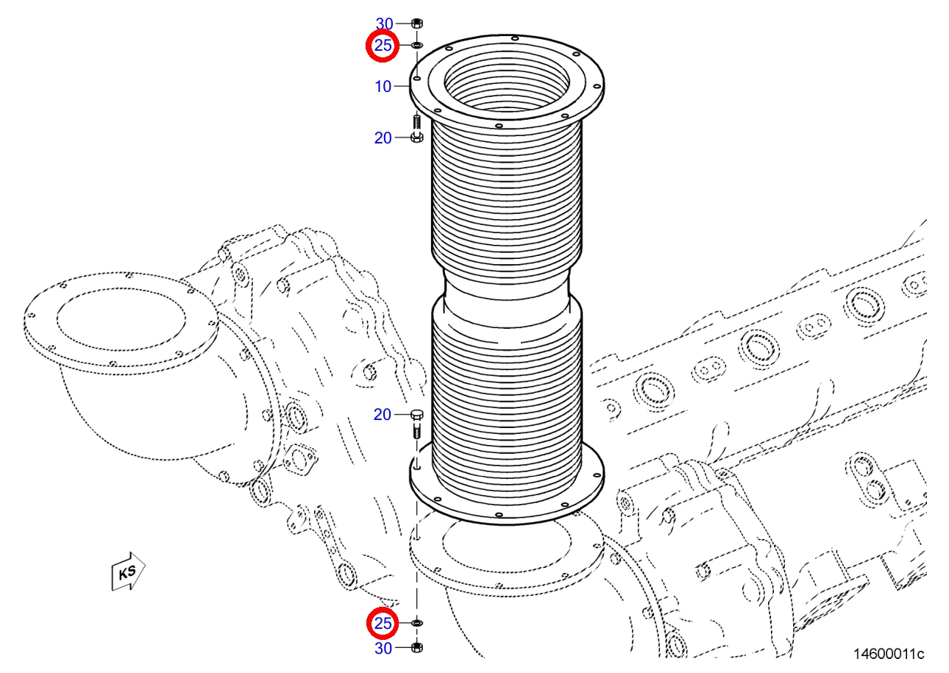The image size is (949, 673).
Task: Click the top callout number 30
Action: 384,24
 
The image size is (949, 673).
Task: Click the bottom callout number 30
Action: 383,648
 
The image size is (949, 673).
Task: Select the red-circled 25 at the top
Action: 383,46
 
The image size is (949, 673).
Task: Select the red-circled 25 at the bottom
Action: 383,623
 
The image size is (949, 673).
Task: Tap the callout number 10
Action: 383,86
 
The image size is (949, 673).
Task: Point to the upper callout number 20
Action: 383,138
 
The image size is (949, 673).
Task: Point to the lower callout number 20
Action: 382,414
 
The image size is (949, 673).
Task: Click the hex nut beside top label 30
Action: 417,24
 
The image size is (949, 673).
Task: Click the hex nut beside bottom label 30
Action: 417,647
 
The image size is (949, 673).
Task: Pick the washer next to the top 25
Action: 417,45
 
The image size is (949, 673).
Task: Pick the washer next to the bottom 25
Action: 417,622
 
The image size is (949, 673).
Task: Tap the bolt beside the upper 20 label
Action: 417,129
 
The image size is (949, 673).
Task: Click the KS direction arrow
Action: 128,571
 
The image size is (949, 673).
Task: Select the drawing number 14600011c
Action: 889,655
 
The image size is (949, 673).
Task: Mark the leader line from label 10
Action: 402,86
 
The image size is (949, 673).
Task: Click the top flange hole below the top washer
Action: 417,79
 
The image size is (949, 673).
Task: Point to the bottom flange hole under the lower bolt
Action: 417,468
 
